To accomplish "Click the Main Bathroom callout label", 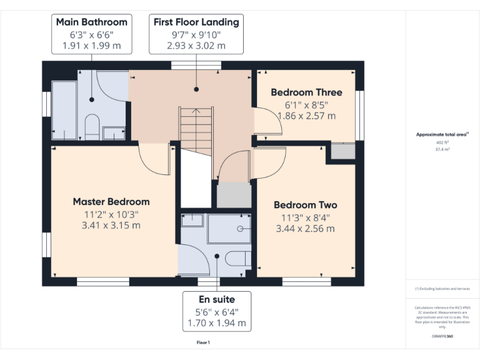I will pos(91,34).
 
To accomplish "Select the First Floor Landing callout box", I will pos(196,34).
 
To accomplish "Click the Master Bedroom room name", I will pos(111,202).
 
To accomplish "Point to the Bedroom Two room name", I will pos(305,205).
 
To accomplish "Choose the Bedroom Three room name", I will pos(306,92).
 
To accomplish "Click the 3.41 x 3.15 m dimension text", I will pos(111,225).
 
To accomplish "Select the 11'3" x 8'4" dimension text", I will pos(305,217).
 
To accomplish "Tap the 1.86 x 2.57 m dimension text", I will pos(306,116).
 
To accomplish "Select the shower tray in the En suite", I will pos(229,229).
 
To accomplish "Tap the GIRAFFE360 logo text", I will pos(442,336).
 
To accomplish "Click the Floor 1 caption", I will pos(203,342).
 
